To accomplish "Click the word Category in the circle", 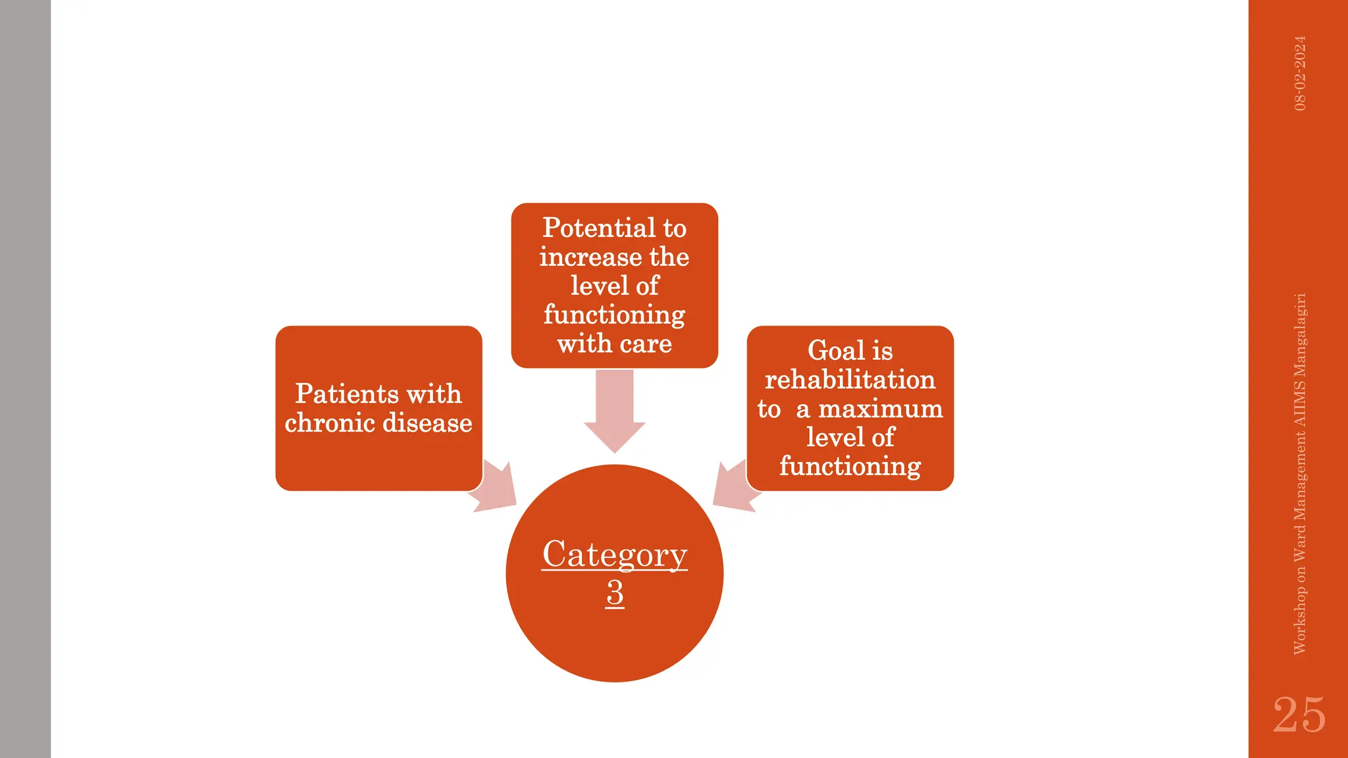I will pos(614,554).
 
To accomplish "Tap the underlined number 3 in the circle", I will pos(615,593).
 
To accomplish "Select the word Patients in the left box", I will pos(346,394).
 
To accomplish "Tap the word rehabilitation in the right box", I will pos(850,380).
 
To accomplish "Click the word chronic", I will pos(330,423).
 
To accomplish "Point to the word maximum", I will pos(880,409).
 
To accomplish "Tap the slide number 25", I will pos(1299,715).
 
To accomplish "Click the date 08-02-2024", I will pos(1300,73).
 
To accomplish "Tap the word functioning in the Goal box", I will pos(850,467).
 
